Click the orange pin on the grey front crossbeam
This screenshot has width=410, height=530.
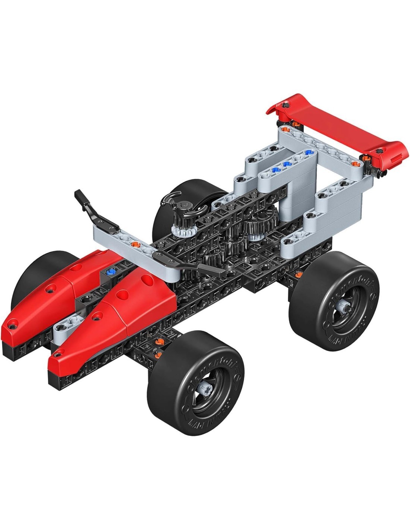pyautogui.click(x=136, y=244)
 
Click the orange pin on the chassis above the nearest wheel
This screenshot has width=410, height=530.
pyautogui.click(x=159, y=341)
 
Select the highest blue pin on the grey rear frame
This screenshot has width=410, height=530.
pyautogui.click(x=308, y=152)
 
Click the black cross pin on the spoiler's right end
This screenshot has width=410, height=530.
pyautogui.click(x=379, y=151)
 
